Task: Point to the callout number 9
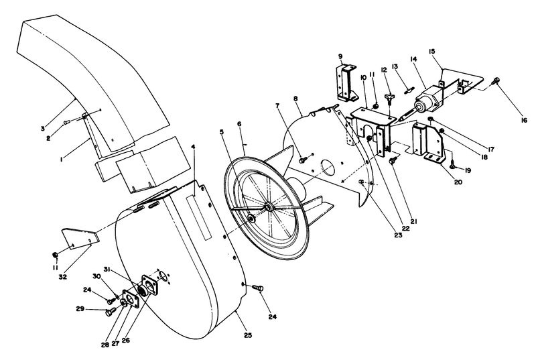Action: coord(341,57)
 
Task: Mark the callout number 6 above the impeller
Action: coord(239,125)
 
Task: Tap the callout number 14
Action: coord(414,60)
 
